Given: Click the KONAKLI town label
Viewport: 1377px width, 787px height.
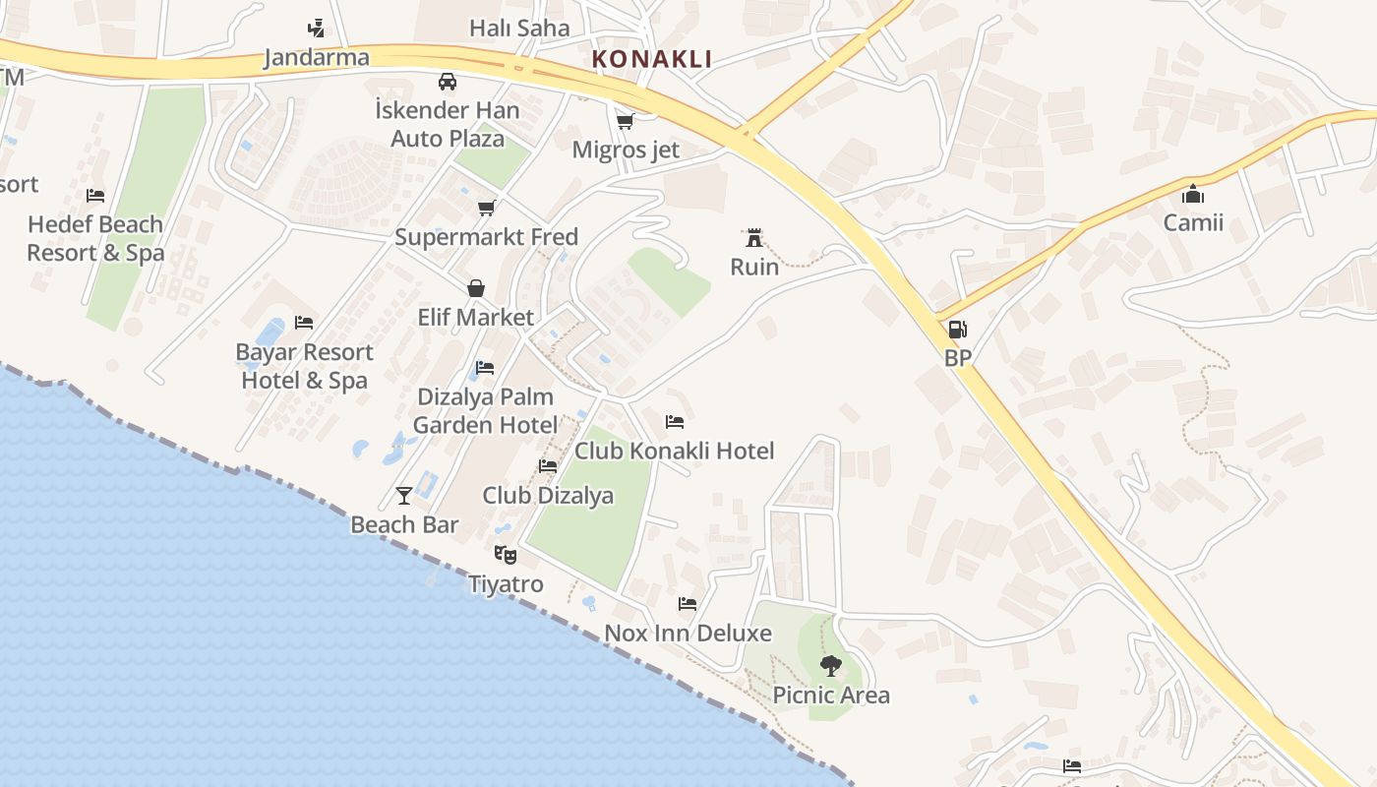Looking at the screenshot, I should coord(651,59).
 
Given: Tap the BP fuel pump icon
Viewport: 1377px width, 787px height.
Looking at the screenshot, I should coord(957,330).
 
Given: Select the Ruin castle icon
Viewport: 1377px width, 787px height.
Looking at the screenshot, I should coord(754,238).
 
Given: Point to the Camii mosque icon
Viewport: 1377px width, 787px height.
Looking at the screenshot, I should coord(1193,194).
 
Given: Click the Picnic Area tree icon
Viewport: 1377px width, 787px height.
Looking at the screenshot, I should coord(831,666).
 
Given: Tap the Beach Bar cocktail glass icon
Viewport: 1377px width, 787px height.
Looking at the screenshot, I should coord(404,495).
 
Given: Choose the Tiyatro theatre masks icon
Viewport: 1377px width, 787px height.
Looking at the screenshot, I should coord(506,555).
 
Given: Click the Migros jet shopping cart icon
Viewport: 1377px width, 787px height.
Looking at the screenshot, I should coord(625,121).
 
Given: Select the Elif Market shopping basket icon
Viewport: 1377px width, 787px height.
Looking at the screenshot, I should coord(476,288).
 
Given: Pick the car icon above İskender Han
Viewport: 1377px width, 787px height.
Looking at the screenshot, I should coord(448,81).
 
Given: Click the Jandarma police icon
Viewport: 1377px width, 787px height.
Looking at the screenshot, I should coord(316,28).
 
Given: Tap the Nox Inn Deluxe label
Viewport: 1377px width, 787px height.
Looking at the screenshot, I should coord(688,633).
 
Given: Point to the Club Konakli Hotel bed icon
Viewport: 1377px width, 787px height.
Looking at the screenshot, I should coord(675,422).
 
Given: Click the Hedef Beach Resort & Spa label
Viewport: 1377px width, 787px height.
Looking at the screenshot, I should coord(95,238).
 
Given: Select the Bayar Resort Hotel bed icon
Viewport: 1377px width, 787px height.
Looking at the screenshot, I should coord(304,323).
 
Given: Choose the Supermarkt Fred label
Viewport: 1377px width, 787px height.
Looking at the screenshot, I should coord(486,237).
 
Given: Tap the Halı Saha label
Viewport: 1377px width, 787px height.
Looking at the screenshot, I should coord(519,28).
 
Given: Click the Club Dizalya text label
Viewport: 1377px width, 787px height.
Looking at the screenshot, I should coord(548,495).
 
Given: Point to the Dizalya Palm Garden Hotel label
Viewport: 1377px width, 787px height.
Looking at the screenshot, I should coord(486,410).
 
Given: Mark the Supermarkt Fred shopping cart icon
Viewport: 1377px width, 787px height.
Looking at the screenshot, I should coord(486,208).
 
